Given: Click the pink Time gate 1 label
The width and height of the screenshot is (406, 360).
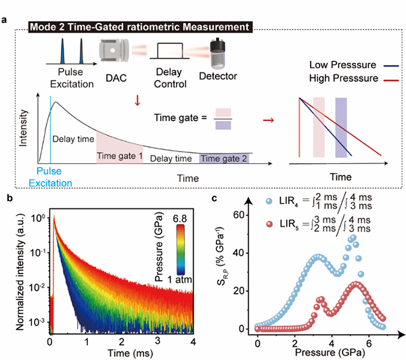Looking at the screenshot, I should [x=119, y=156].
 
